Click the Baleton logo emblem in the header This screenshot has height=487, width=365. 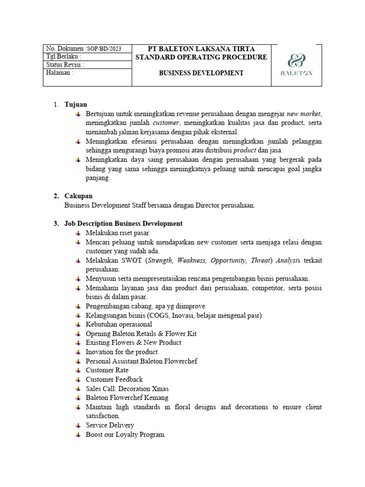tap(297, 61)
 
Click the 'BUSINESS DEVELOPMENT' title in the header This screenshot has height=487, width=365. tap(201, 73)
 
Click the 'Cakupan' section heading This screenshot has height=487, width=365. tap(78, 196)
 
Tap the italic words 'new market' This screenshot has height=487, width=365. tap(304, 114)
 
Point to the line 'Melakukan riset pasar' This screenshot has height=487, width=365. tap(117, 233)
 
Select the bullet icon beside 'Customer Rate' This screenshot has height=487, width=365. tap(78, 370)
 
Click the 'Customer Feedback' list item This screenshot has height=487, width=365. tap(114, 379)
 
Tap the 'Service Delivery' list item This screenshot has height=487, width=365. tap(110, 425)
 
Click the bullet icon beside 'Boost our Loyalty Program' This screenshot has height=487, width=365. tap(78, 434)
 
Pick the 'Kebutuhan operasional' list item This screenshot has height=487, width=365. tap(119, 324)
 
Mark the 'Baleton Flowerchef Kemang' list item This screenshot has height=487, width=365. tap(127, 398)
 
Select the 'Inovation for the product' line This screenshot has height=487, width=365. tap(122, 351)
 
